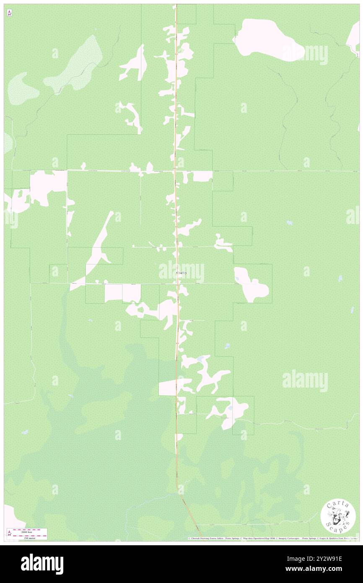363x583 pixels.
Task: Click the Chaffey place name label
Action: click(181, 273)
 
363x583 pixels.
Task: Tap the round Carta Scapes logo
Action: click(338, 517)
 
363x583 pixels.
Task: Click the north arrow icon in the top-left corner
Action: click(9, 13)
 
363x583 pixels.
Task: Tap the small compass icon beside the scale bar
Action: click(9, 533)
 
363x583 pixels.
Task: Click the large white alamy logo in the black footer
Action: click(42, 564)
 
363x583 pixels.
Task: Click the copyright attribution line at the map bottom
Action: click(272, 538)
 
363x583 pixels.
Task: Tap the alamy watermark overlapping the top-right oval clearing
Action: click(305, 55)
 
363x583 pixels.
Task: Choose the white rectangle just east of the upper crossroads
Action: click(202, 176)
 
